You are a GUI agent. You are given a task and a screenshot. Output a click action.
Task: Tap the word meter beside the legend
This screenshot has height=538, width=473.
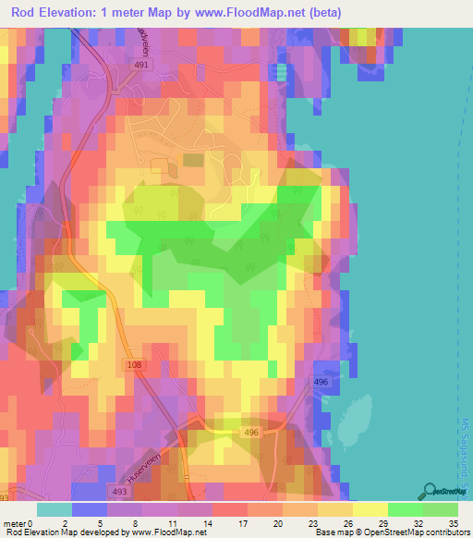(15, 522)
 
